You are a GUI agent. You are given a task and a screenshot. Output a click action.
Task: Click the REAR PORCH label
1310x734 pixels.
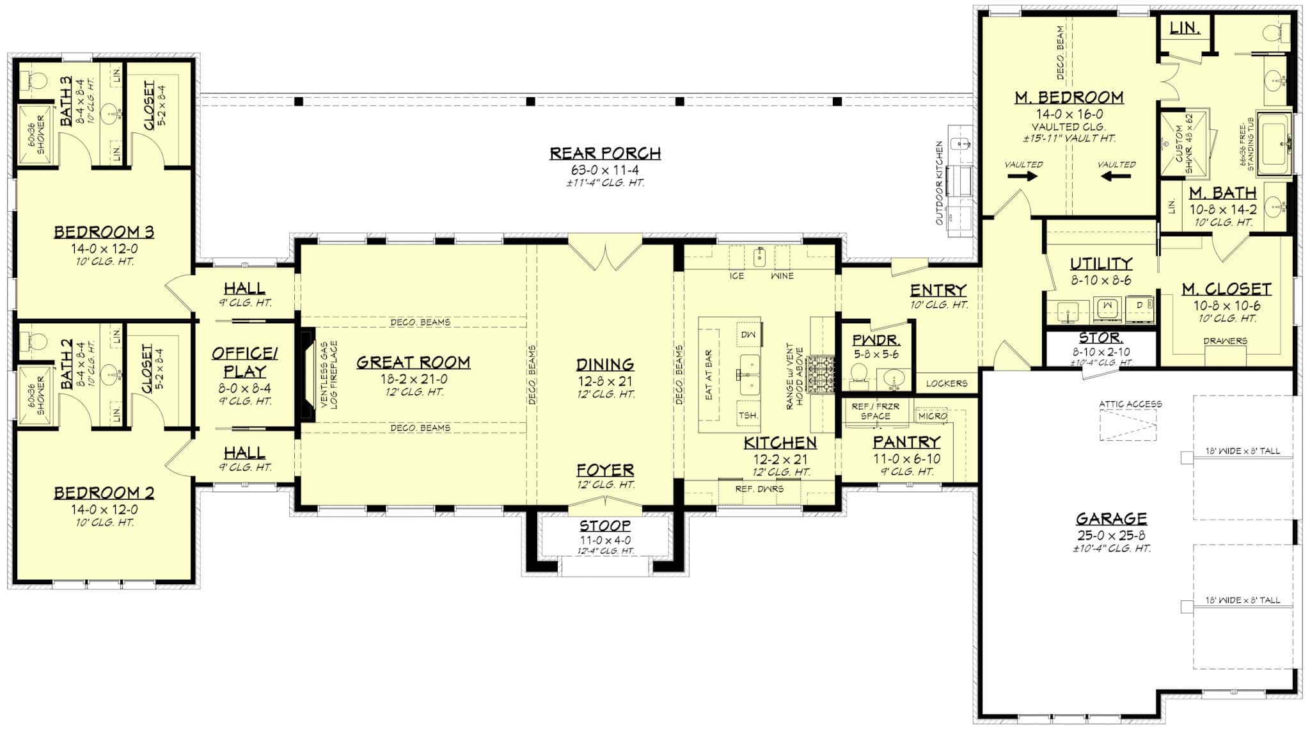[605, 154]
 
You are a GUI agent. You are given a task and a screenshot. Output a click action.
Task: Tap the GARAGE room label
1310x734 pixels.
[1110, 518]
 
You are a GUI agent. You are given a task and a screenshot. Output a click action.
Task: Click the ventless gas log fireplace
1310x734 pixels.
[308, 374]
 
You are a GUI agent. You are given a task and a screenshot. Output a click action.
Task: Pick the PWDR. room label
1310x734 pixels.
[876, 340]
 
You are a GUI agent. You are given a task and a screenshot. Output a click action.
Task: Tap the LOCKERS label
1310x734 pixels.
[946, 383]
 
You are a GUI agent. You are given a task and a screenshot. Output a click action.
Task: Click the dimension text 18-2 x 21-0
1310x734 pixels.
[413, 379]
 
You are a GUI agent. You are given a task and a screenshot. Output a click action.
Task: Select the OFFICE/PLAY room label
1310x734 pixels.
[245, 362]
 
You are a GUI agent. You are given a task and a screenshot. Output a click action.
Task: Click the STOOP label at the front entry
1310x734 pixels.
[605, 526]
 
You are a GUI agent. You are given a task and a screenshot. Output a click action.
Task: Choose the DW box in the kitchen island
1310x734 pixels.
[748, 335]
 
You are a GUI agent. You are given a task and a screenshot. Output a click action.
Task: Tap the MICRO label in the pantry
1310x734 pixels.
[932, 416]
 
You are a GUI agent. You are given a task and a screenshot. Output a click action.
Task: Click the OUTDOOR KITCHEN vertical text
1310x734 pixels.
[940, 183]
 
